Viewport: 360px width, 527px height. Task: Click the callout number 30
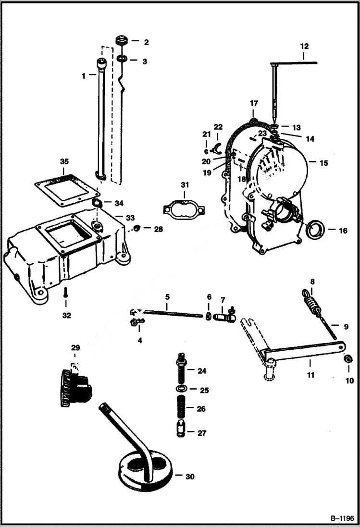[190, 477]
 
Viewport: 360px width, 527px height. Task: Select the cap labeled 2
[122, 41]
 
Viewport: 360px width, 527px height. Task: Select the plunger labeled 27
[182, 429]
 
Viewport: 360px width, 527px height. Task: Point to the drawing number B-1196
[342, 518]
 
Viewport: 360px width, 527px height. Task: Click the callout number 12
[304, 47]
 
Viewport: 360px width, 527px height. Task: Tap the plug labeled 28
[137, 227]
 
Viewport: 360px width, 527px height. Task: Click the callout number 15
[324, 163]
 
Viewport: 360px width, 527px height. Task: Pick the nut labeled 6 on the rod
[209, 316]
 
